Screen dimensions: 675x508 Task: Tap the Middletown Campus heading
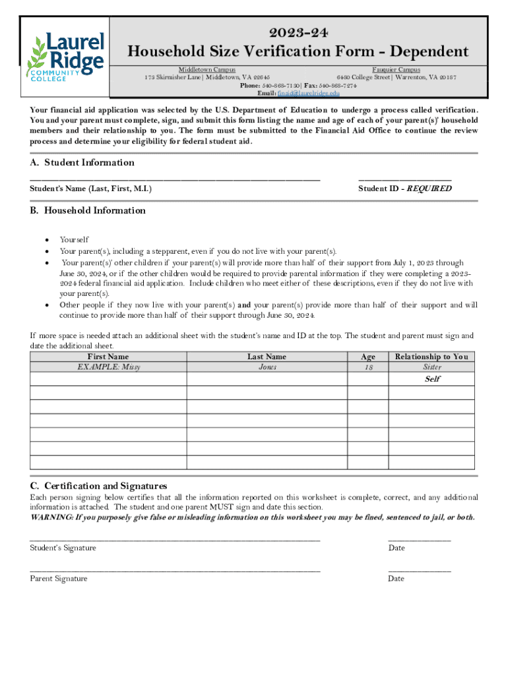(207, 69)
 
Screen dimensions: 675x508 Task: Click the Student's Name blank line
(175, 179)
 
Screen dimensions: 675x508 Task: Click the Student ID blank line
(404, 179)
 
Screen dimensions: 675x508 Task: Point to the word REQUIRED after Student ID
(429, 189)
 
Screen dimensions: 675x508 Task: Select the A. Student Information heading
(82, 163)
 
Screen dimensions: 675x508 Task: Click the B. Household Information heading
(88, 211)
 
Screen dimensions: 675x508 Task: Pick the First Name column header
(108, 357)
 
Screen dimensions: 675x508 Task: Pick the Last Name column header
(267, 357)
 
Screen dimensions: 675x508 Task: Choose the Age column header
(367, 357)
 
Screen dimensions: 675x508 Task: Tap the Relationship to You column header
(431, 357)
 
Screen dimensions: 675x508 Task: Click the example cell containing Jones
(267, 367)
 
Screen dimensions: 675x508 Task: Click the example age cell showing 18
(367, 367)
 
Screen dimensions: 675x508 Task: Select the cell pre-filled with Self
(431, 379)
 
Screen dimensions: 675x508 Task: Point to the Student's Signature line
(175, 540)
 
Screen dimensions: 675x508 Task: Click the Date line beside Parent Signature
(420, 570)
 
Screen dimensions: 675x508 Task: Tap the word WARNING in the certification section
(51, 517)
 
